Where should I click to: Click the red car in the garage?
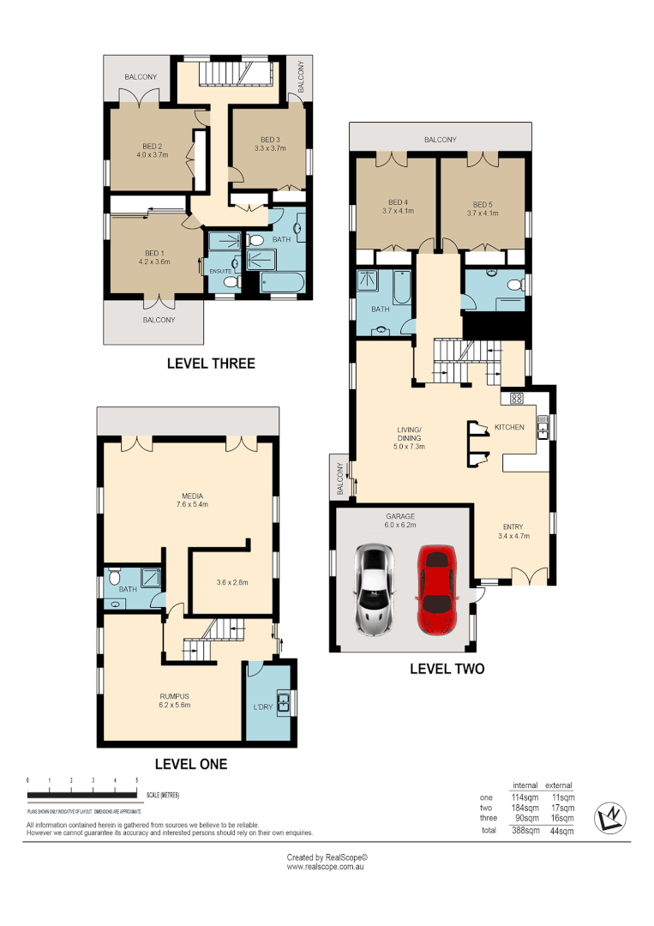point(437,592)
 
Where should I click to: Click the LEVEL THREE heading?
point(211,364)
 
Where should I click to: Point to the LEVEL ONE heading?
point(190,763)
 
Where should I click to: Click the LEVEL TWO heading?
point(447,668)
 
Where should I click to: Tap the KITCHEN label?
point(508,426)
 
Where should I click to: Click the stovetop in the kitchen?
point(517,398)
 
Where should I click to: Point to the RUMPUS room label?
point(174,694)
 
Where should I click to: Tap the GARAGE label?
point(400,516)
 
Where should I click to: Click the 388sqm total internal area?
point(525,831)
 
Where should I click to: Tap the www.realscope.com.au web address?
point(327,867)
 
